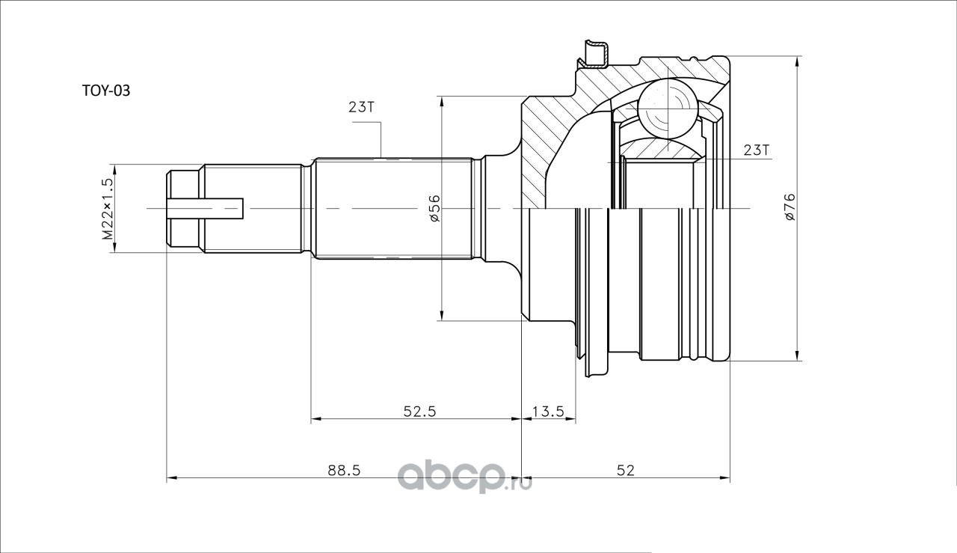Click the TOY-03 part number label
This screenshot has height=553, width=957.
point(105,91)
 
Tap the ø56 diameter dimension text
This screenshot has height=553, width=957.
point(435,208)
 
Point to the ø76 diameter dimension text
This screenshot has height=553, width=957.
point(790,207)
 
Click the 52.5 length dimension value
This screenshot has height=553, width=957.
point(419,412)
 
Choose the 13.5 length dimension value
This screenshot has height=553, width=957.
point(549,412)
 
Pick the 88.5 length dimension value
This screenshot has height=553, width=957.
point(345,471)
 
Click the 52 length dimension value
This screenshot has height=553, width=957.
point(626,471)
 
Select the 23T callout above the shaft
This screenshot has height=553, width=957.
point(362,107)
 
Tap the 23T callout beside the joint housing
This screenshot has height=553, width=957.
point(756,150)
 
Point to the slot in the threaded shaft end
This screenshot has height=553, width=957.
point(205,209)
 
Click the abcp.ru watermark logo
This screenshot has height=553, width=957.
point(465,477)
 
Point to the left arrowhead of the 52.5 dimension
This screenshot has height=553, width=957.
point(316,418)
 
